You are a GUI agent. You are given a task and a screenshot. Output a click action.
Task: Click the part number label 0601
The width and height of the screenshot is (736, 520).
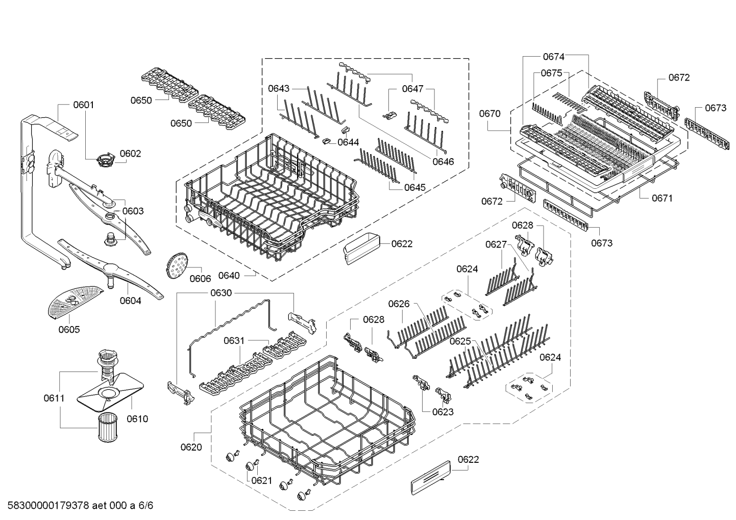click(x=84, y=105)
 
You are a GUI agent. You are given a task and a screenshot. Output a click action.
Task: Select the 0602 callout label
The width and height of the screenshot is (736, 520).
click(x=130, y=154)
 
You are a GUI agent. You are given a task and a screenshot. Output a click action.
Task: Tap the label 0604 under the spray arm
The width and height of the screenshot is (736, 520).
click(x=131, y=301)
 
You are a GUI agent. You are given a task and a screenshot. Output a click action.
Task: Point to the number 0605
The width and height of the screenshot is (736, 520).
click(x=69, y=330)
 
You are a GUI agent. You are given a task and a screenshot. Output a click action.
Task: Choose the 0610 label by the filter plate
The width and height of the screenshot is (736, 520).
click(x=137, y=419)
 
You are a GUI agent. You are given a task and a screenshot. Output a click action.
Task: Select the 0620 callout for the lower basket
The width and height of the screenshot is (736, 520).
click(x=191, y=447)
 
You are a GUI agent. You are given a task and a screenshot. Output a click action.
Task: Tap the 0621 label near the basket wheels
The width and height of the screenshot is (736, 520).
click(x=261, y=481)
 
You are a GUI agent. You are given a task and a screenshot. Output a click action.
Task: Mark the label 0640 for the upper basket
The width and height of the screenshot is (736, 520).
click(x=229, y=276)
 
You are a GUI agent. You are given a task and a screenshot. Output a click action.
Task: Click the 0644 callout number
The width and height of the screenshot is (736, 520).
click(x=348, y=142)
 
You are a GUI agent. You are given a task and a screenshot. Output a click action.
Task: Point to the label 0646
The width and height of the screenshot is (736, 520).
click(x=443, y=162)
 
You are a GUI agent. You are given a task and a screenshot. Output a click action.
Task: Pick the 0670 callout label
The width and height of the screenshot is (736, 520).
click(x=490, y=114)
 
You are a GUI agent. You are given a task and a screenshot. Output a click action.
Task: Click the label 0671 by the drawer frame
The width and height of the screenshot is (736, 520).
click(x=663, y=198)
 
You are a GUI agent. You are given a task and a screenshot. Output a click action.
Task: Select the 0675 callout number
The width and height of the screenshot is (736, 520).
click(x=552, y=73)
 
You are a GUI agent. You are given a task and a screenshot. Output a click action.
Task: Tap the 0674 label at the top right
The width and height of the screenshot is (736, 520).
click(x=554, y=57)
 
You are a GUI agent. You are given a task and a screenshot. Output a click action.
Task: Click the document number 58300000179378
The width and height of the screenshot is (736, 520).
click(x=48, y=505)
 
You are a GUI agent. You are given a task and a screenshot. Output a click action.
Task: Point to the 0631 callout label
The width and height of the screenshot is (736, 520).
click(x=234, y=341)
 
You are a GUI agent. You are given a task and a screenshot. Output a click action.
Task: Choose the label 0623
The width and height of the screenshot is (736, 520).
click(x=443, y=412)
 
